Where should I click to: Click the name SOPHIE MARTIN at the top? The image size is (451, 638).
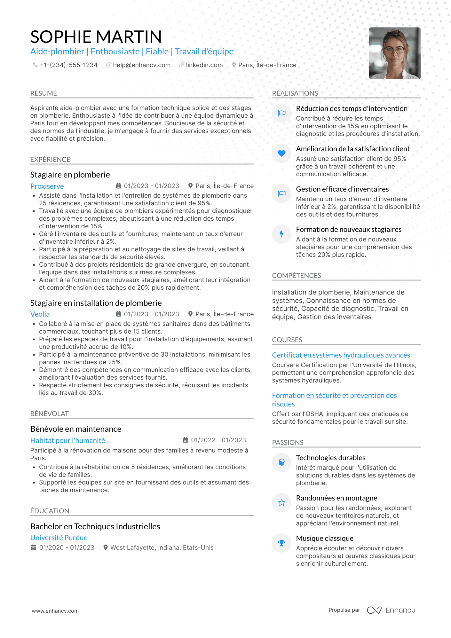[96, 37]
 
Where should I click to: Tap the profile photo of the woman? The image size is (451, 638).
[394, 53]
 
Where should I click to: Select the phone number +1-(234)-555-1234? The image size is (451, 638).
[68, 65]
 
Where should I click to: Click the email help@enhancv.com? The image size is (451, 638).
[141, 65]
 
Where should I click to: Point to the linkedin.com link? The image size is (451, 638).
[204, 65]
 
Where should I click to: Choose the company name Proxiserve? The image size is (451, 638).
[47, 186]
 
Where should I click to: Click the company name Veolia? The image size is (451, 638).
[40, 314]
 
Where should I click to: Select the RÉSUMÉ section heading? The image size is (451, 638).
[44, 93]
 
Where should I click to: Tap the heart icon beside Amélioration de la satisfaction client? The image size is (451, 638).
[281, 154]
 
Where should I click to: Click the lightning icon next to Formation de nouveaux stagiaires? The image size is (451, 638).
[281, 234]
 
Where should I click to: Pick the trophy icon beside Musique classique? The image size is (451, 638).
[281, 543]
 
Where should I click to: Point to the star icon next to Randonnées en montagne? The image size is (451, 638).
[281, 503]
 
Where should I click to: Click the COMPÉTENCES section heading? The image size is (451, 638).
[297, 276]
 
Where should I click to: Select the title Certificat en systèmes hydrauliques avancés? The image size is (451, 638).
[341, 355]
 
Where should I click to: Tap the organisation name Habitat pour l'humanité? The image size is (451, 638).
[68, 441]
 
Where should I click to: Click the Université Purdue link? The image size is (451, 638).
[59, 538]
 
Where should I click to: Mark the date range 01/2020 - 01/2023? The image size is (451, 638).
[67, 548]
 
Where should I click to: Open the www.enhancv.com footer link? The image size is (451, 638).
[55, 611]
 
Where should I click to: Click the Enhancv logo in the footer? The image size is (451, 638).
[391, 610]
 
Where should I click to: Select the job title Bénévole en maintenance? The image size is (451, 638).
[76, 429]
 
